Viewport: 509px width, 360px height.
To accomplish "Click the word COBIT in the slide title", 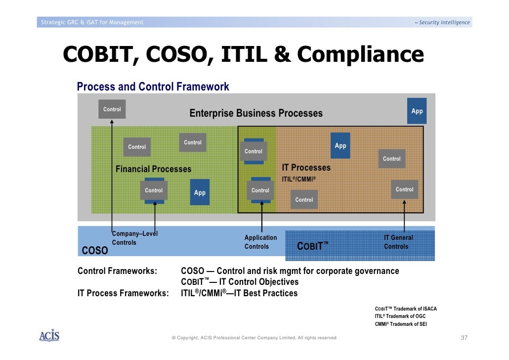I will [95, 55].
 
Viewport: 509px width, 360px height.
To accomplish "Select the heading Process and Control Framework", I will [153, 87].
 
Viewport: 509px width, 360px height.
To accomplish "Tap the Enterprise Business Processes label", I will [256, 113].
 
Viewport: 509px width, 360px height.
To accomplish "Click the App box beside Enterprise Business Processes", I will [417, 111].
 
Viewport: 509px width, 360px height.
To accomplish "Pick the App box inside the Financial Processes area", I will [200, 192].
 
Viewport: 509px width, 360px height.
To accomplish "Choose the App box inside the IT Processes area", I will [340, 145].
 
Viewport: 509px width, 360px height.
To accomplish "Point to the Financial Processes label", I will [153, 169].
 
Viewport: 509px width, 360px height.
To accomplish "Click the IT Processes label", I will [306, 168].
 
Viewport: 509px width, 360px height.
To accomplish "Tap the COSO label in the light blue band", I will [94, 251].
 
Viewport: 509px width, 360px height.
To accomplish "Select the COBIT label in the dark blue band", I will [312, 246].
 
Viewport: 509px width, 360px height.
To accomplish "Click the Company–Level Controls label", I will [134, 238].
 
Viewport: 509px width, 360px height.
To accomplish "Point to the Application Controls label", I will [260, 242].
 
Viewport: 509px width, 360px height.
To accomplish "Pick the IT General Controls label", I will [398, 242].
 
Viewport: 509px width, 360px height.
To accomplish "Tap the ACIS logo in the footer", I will [49, 336].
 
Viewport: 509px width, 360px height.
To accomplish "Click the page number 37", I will [464, 338].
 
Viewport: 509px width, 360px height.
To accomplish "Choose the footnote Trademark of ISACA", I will [406, 309].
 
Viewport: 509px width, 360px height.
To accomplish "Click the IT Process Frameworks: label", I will [123, 293].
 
